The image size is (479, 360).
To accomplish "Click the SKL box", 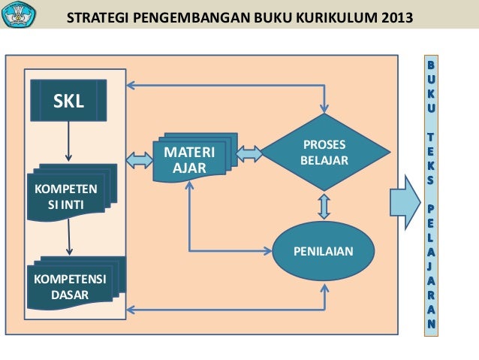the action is coord(68,101).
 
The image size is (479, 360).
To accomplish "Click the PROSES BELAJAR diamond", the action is coord(324,153).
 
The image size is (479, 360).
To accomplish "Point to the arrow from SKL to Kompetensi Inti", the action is coord(69,141).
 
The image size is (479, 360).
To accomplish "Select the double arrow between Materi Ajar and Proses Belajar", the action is coord(250,154).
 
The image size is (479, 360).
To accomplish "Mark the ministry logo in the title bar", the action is coord(19,14).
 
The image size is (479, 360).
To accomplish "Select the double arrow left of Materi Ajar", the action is coord(140,159).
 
